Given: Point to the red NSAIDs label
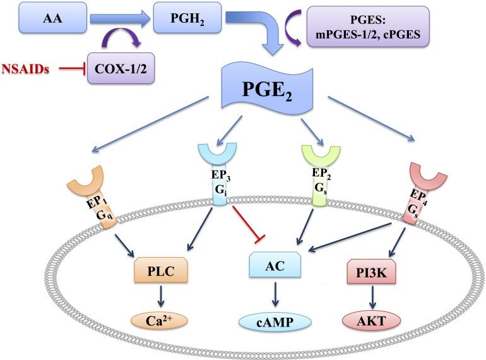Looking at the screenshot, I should [x=27, y=66].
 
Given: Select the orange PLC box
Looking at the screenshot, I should [x=160, y=270].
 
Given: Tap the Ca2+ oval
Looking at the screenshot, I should [x=161, y=320].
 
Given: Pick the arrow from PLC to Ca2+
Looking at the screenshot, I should [x=160, y=295].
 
